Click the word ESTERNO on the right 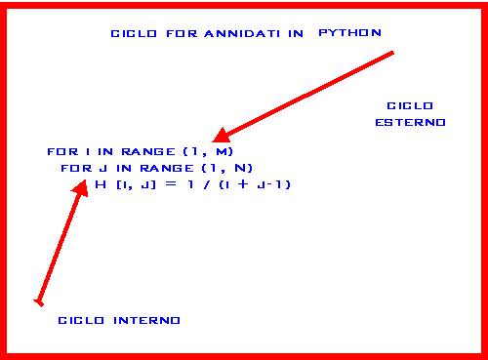coord(411,123)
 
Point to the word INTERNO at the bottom coord(147,320)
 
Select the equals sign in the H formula coord(169,183)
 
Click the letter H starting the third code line coord(100,183)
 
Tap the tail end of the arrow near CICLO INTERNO coord(38,301)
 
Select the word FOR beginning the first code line coord(60,152)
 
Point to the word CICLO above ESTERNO coord(410,105)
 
